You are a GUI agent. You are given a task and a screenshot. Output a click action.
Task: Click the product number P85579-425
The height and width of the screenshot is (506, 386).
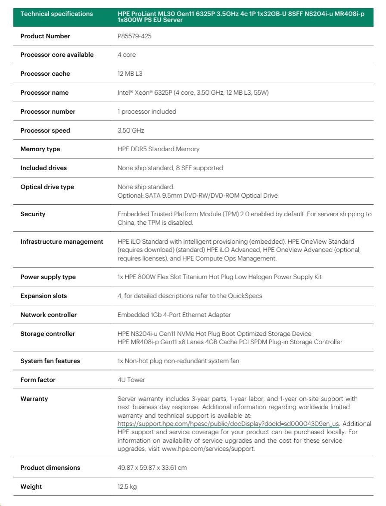tap(134, 36)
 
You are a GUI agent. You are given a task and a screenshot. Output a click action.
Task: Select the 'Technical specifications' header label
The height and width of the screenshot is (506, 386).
tap(56, 14)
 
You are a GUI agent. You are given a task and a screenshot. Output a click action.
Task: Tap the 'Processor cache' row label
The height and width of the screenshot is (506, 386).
tap(45, 74)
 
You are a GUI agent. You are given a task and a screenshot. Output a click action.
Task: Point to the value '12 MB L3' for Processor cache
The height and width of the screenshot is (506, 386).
tap(130, 74)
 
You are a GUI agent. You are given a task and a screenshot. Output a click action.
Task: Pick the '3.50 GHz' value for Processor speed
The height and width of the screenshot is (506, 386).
tap(131, 130)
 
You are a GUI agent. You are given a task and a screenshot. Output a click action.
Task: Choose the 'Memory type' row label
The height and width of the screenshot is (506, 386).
tap(40, 149)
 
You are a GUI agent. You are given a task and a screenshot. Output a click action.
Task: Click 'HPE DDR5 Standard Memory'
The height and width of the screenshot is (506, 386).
tap(158, 149)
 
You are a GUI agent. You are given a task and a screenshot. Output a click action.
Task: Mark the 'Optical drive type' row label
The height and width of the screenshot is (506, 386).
tap(47, 187)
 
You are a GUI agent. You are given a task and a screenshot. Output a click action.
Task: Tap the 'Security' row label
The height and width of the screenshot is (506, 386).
tap(33, 214)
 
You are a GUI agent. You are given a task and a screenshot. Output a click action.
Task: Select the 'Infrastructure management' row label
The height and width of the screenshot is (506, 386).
tap(62, 242)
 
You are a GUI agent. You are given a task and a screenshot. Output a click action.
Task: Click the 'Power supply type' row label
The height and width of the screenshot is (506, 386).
tap(48, 277)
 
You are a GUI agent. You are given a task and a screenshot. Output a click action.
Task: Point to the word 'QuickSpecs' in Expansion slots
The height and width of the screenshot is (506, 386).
tap(246, 296)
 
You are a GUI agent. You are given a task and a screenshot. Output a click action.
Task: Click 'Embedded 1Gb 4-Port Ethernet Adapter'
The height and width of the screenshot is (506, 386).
tap(174, 315)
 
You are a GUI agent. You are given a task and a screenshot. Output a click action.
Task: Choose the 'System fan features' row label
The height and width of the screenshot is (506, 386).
tap(50, 361)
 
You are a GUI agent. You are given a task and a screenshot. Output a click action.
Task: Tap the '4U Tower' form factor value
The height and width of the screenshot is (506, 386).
tap(131, 380)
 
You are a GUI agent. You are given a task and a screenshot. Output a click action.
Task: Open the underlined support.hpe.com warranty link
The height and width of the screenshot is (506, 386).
tap(228, 424)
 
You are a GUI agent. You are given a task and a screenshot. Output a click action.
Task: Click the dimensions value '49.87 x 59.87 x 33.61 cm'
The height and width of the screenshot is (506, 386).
tap(152, 468)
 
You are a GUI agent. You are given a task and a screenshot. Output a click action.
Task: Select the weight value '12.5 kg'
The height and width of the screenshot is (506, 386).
tap(127, 487)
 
